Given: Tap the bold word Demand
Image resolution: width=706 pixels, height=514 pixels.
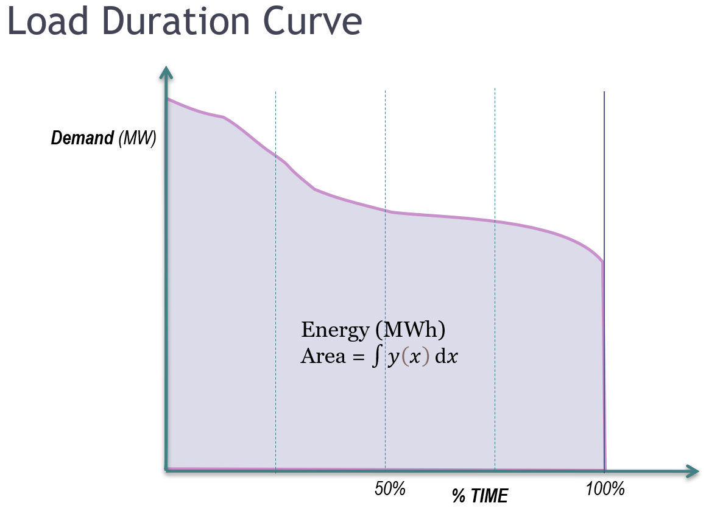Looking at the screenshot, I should (82, 138).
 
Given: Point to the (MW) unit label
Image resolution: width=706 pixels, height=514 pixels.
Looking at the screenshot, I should (137, 138).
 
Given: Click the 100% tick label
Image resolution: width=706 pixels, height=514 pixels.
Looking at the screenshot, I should (605, 488).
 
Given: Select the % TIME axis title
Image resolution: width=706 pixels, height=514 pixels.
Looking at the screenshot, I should (479, 496).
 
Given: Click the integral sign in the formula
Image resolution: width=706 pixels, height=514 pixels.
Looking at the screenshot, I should (376, 357).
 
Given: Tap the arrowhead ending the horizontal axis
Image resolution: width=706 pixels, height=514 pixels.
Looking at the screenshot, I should (692, 470).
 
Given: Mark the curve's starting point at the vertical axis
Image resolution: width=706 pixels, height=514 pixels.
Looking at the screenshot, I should (168, 99).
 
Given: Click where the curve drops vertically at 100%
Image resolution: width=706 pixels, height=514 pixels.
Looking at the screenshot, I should (604, 365).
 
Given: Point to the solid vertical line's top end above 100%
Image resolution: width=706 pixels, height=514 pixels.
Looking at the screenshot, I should (604, 93).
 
